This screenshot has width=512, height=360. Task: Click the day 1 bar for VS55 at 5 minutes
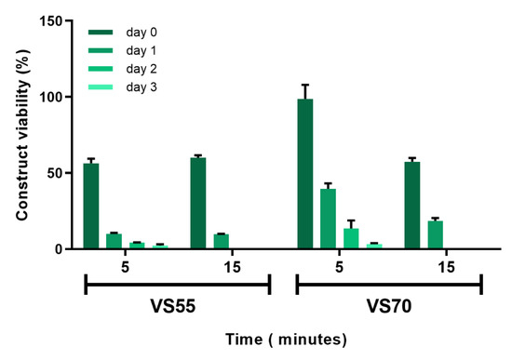click(114, 241)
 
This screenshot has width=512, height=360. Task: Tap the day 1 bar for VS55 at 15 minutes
click(221, 241)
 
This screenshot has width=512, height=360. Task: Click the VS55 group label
click(177, 305)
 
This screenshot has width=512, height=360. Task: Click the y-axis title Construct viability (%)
click(20, 135)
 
